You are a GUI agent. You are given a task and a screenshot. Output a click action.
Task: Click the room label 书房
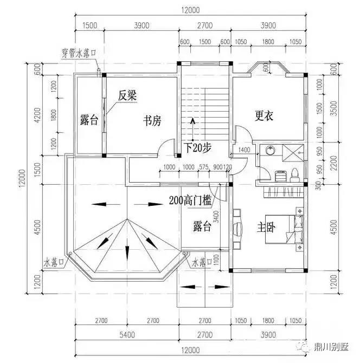click(152, 120)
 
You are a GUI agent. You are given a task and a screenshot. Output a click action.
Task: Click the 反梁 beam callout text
click(127, 95)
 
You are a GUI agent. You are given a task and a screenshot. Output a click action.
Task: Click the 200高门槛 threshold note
click(190, 200)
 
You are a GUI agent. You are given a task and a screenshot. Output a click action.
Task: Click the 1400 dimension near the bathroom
click(244, 150)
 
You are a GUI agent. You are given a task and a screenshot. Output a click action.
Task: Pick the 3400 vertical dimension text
click(215, 217)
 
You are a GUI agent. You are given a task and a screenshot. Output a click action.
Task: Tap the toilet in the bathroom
click(294, 173)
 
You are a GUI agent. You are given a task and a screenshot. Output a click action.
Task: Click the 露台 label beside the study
click(89, 120)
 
